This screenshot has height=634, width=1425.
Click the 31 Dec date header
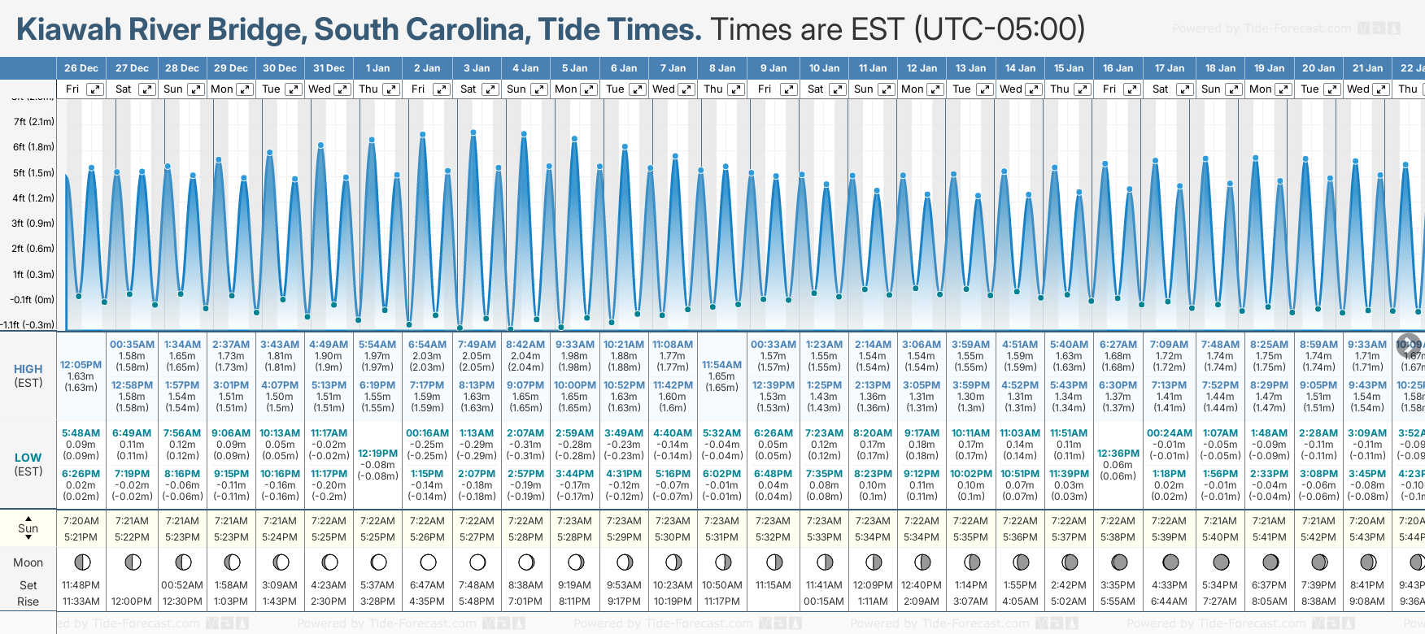(x=329, y=68)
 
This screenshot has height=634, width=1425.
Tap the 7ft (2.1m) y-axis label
(x=33, y=122)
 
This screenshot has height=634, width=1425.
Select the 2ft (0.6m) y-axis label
(x=33, y=249)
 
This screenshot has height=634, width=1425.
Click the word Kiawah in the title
(x=68, y=29)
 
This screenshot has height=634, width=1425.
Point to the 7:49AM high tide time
(x=477, y=345)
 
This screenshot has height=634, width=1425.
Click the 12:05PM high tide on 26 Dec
(x=81, y=365)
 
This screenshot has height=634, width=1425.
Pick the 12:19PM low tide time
(x=377, y=454)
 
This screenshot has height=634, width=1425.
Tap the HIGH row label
(x=28, y=369)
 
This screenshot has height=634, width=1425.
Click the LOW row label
(x=28, y=458)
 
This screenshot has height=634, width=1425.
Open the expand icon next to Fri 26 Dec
(x=95, y=89)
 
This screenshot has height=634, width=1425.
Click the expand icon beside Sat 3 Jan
(x=490, y=89)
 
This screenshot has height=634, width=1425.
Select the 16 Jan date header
(x=1118, y=68)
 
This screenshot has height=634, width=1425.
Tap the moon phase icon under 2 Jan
(x=428, y=562)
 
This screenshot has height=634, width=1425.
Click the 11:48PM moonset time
(x=81, y=585)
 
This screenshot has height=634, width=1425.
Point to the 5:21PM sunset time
(x=81, y=537)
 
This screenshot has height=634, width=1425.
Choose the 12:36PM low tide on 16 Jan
(x=1118, y=454)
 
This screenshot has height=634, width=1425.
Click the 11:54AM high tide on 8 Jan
(x=721, y=365)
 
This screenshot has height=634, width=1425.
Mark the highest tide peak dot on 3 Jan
(x=473, y=132)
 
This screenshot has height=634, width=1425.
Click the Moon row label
(x=28, y=562)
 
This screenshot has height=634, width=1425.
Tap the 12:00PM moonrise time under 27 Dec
(x=132, y=601)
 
